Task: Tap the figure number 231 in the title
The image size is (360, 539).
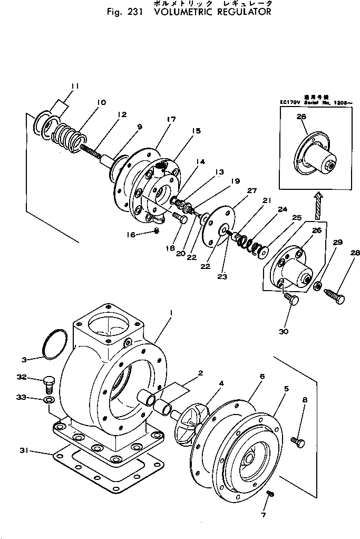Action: [139, 12]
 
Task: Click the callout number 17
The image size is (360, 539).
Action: [170, 120]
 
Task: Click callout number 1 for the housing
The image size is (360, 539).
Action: [170, 313]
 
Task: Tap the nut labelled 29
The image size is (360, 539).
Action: [318, 286]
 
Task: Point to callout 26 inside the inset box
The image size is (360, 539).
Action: [301, 118]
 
